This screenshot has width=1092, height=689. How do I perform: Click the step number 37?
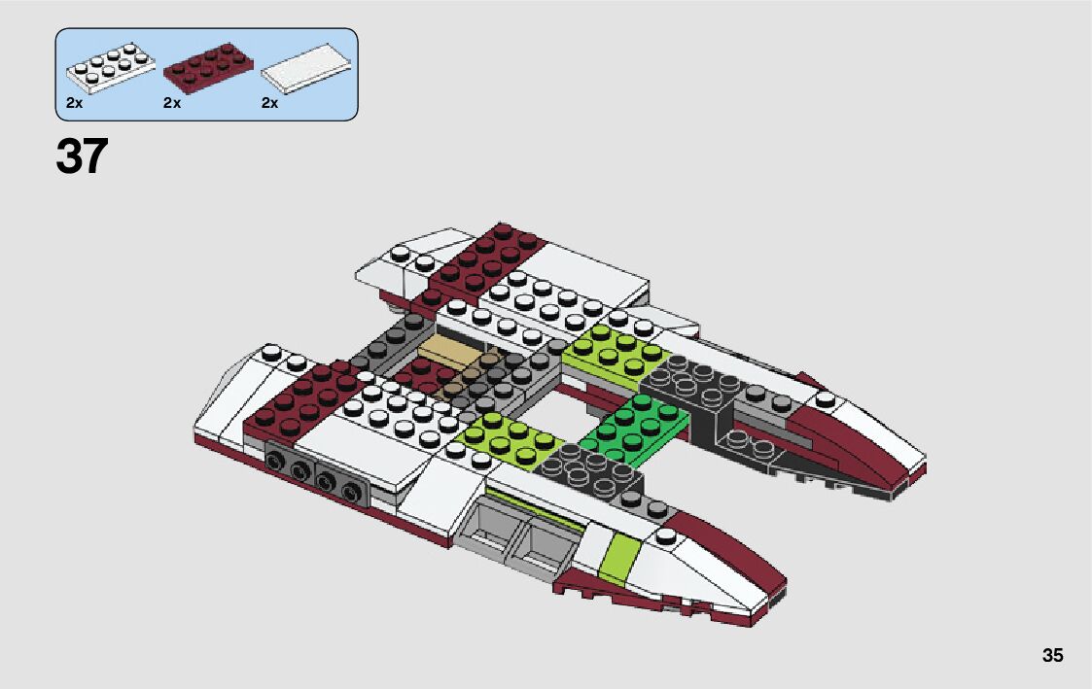82,156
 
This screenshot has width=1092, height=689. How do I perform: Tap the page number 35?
1052,655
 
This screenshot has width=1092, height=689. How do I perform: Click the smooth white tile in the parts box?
307,69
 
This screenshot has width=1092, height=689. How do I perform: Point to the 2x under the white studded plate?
75,103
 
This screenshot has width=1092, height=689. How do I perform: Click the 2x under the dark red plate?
172,103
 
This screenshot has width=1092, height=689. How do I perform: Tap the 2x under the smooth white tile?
270,103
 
